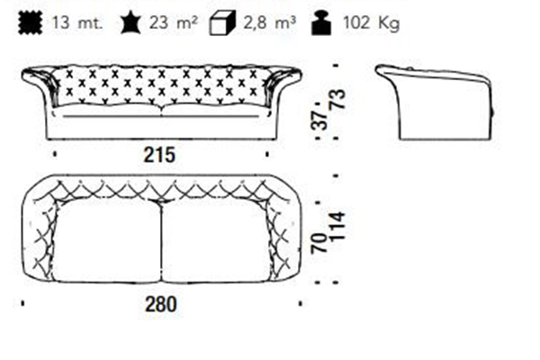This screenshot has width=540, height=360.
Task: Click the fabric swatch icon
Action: [31, 22]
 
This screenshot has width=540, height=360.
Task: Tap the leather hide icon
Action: [130, 22]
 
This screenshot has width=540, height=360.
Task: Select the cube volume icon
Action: [222, 22]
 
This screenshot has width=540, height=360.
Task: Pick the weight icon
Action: [321, 22]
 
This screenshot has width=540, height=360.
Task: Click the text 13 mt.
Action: [77, 23]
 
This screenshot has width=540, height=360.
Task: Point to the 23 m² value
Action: [173, 22]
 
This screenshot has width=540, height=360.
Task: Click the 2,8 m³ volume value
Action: [270, 22]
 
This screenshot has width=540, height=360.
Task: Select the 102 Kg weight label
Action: [371, 23]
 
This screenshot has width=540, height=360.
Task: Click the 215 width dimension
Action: [159, 155]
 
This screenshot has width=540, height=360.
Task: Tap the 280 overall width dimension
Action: [161, 304]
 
